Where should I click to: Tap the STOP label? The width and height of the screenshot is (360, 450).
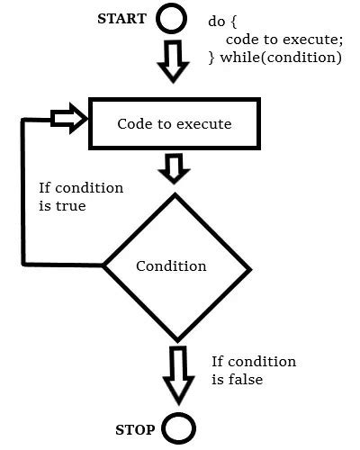point(136,428)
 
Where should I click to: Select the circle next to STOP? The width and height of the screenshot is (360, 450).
point(180,427)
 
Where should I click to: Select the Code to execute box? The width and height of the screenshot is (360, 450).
point(175,122)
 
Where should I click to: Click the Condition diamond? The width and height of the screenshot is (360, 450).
point(175,266)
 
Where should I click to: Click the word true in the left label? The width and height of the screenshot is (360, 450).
point(68,205)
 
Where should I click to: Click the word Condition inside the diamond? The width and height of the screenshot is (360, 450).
point(171,266)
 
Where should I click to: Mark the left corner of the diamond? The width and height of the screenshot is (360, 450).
point(104,265)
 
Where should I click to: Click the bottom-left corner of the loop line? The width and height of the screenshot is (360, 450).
point(24,264)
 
